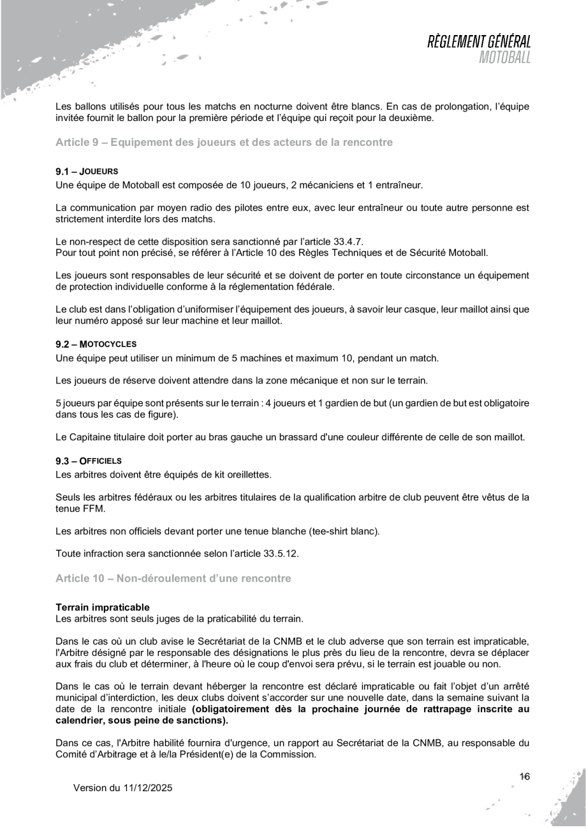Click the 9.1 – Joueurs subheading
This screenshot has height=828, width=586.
[87, 171]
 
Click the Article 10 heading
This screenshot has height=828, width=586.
[173, 578]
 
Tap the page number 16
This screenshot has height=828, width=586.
[525, 776]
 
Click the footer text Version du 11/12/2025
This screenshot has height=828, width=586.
[123, 788]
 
